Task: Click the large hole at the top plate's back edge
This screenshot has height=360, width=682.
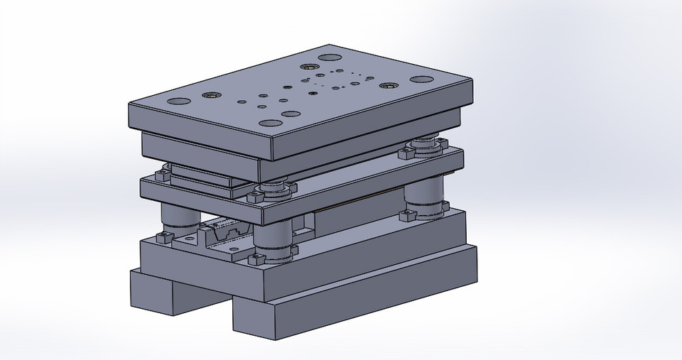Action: [328, 59]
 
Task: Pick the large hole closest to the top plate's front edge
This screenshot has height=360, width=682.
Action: [289, 114]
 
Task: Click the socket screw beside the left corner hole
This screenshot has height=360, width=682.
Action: [212, 95]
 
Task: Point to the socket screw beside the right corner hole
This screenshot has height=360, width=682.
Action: [386, 86]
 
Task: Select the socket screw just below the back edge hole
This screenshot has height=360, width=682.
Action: [309, 66]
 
